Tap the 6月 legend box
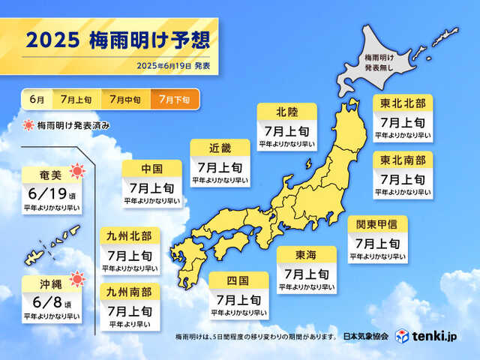[x=35, y=99]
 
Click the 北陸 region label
[x=286, y=112]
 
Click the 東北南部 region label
[x=402, y=160]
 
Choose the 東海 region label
[x=306, y=255]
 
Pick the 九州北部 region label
[x=129, y=237]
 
